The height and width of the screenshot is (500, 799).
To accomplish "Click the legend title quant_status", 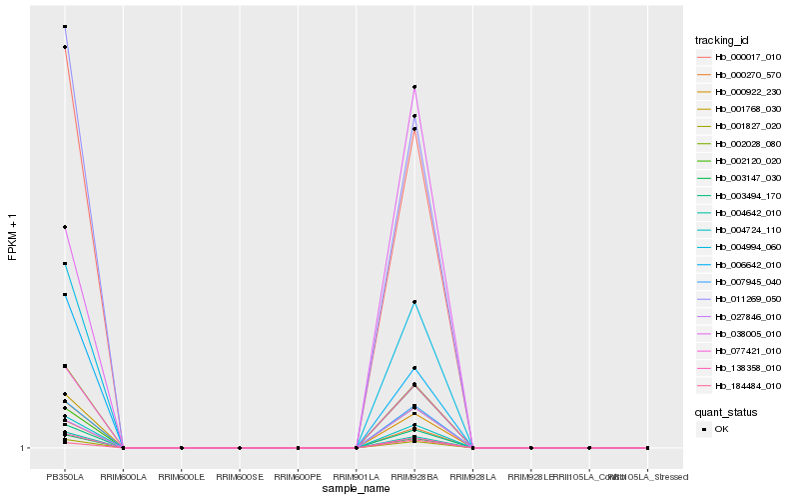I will coord(726,411).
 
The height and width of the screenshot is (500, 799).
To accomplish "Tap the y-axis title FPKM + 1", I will coord(13,237).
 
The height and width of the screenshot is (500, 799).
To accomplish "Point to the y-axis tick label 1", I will coord(23,448).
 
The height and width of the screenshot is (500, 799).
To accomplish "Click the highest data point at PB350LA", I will coord(65,27).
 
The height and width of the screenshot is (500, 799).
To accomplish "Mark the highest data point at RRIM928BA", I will coord(414,87).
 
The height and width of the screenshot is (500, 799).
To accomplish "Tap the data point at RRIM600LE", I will coord(182,448).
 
